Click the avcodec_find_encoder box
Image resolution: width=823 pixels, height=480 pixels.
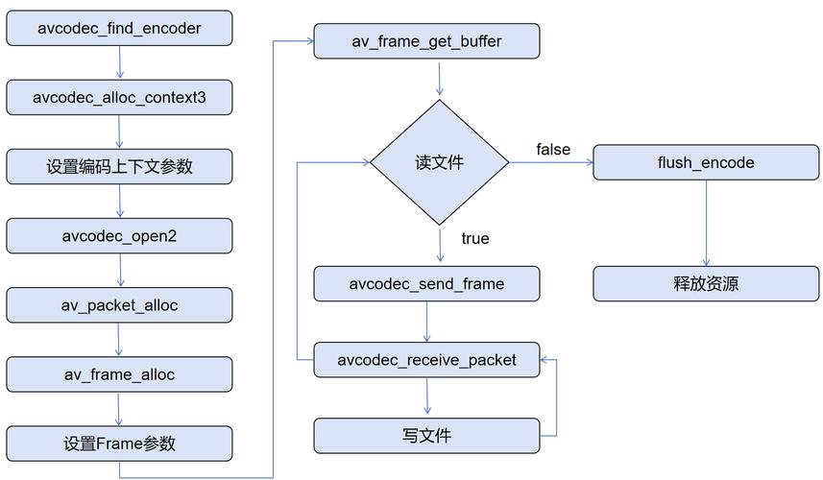(x=119, y=29)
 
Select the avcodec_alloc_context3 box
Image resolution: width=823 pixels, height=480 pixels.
(x=119, y=98)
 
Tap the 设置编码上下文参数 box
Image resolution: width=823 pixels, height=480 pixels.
(x=119, y=166)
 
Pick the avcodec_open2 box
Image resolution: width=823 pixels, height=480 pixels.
(x=119, y=236)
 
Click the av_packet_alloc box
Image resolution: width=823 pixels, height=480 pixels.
(x=119, y=305)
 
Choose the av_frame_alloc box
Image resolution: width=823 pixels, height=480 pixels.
(x=119, y=374)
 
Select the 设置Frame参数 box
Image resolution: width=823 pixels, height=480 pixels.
(x=119, y=444)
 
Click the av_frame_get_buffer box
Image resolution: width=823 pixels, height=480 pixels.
(x=427, y=41)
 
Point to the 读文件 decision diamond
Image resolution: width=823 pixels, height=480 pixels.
(x=440, y=162)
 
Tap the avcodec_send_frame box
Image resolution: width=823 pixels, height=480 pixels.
(x=427, y=284)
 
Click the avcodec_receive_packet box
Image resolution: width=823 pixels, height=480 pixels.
(x=427, y=360)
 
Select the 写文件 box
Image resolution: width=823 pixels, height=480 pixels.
(x=427, y=435)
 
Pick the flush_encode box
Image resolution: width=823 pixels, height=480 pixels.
(x=706, y=162)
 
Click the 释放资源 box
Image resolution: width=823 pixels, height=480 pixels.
(x=706, y=284)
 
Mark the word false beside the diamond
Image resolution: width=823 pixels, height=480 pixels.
(x=553, y=149)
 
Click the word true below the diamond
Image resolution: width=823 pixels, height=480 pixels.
(x=474, y=238)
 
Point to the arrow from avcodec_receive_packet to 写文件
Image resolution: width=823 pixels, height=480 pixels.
(x=427, y=396)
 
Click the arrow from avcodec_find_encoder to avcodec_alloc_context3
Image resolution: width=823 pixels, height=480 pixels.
(x=119, y=63)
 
